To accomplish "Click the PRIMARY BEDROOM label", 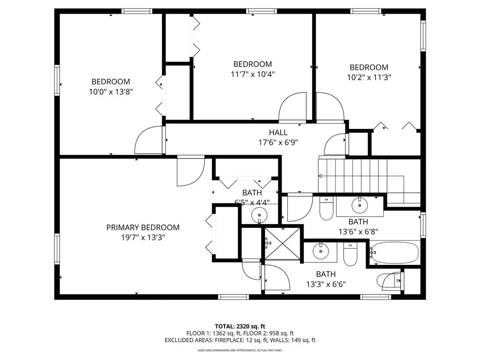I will click(x=142, y=227).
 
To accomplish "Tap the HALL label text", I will click(x=278, y=133).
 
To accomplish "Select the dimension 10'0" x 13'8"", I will click(x=111, y=92).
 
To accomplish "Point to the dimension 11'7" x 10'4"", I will click(x=253, y=74).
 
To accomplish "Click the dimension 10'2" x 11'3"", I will click(x=369, y=77).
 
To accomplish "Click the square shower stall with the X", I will click(x=282, y=243).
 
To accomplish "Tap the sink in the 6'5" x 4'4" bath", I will click(x=259, y=215).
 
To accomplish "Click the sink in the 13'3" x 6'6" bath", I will click(x=321, y=252).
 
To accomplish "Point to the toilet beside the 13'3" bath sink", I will click(x=351, y=254).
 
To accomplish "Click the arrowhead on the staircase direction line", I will click(x=320, y=176).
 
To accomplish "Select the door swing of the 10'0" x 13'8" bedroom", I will click(x=149, y=141).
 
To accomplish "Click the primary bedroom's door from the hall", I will click(x=190, y=171).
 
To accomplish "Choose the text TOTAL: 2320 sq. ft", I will click(x=240, y=326).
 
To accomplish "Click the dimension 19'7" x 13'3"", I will click(x=142, y=237).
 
